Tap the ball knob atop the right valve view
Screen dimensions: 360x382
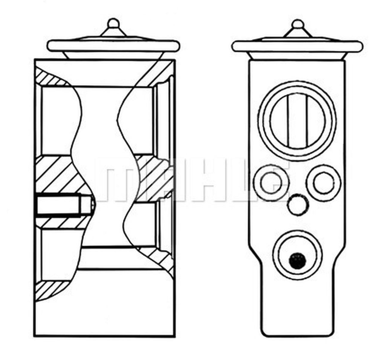click(x=297, y=24)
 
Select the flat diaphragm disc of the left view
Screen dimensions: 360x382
click(x=113, y=45)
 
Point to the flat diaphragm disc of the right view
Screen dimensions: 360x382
click(x=298, y=47)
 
